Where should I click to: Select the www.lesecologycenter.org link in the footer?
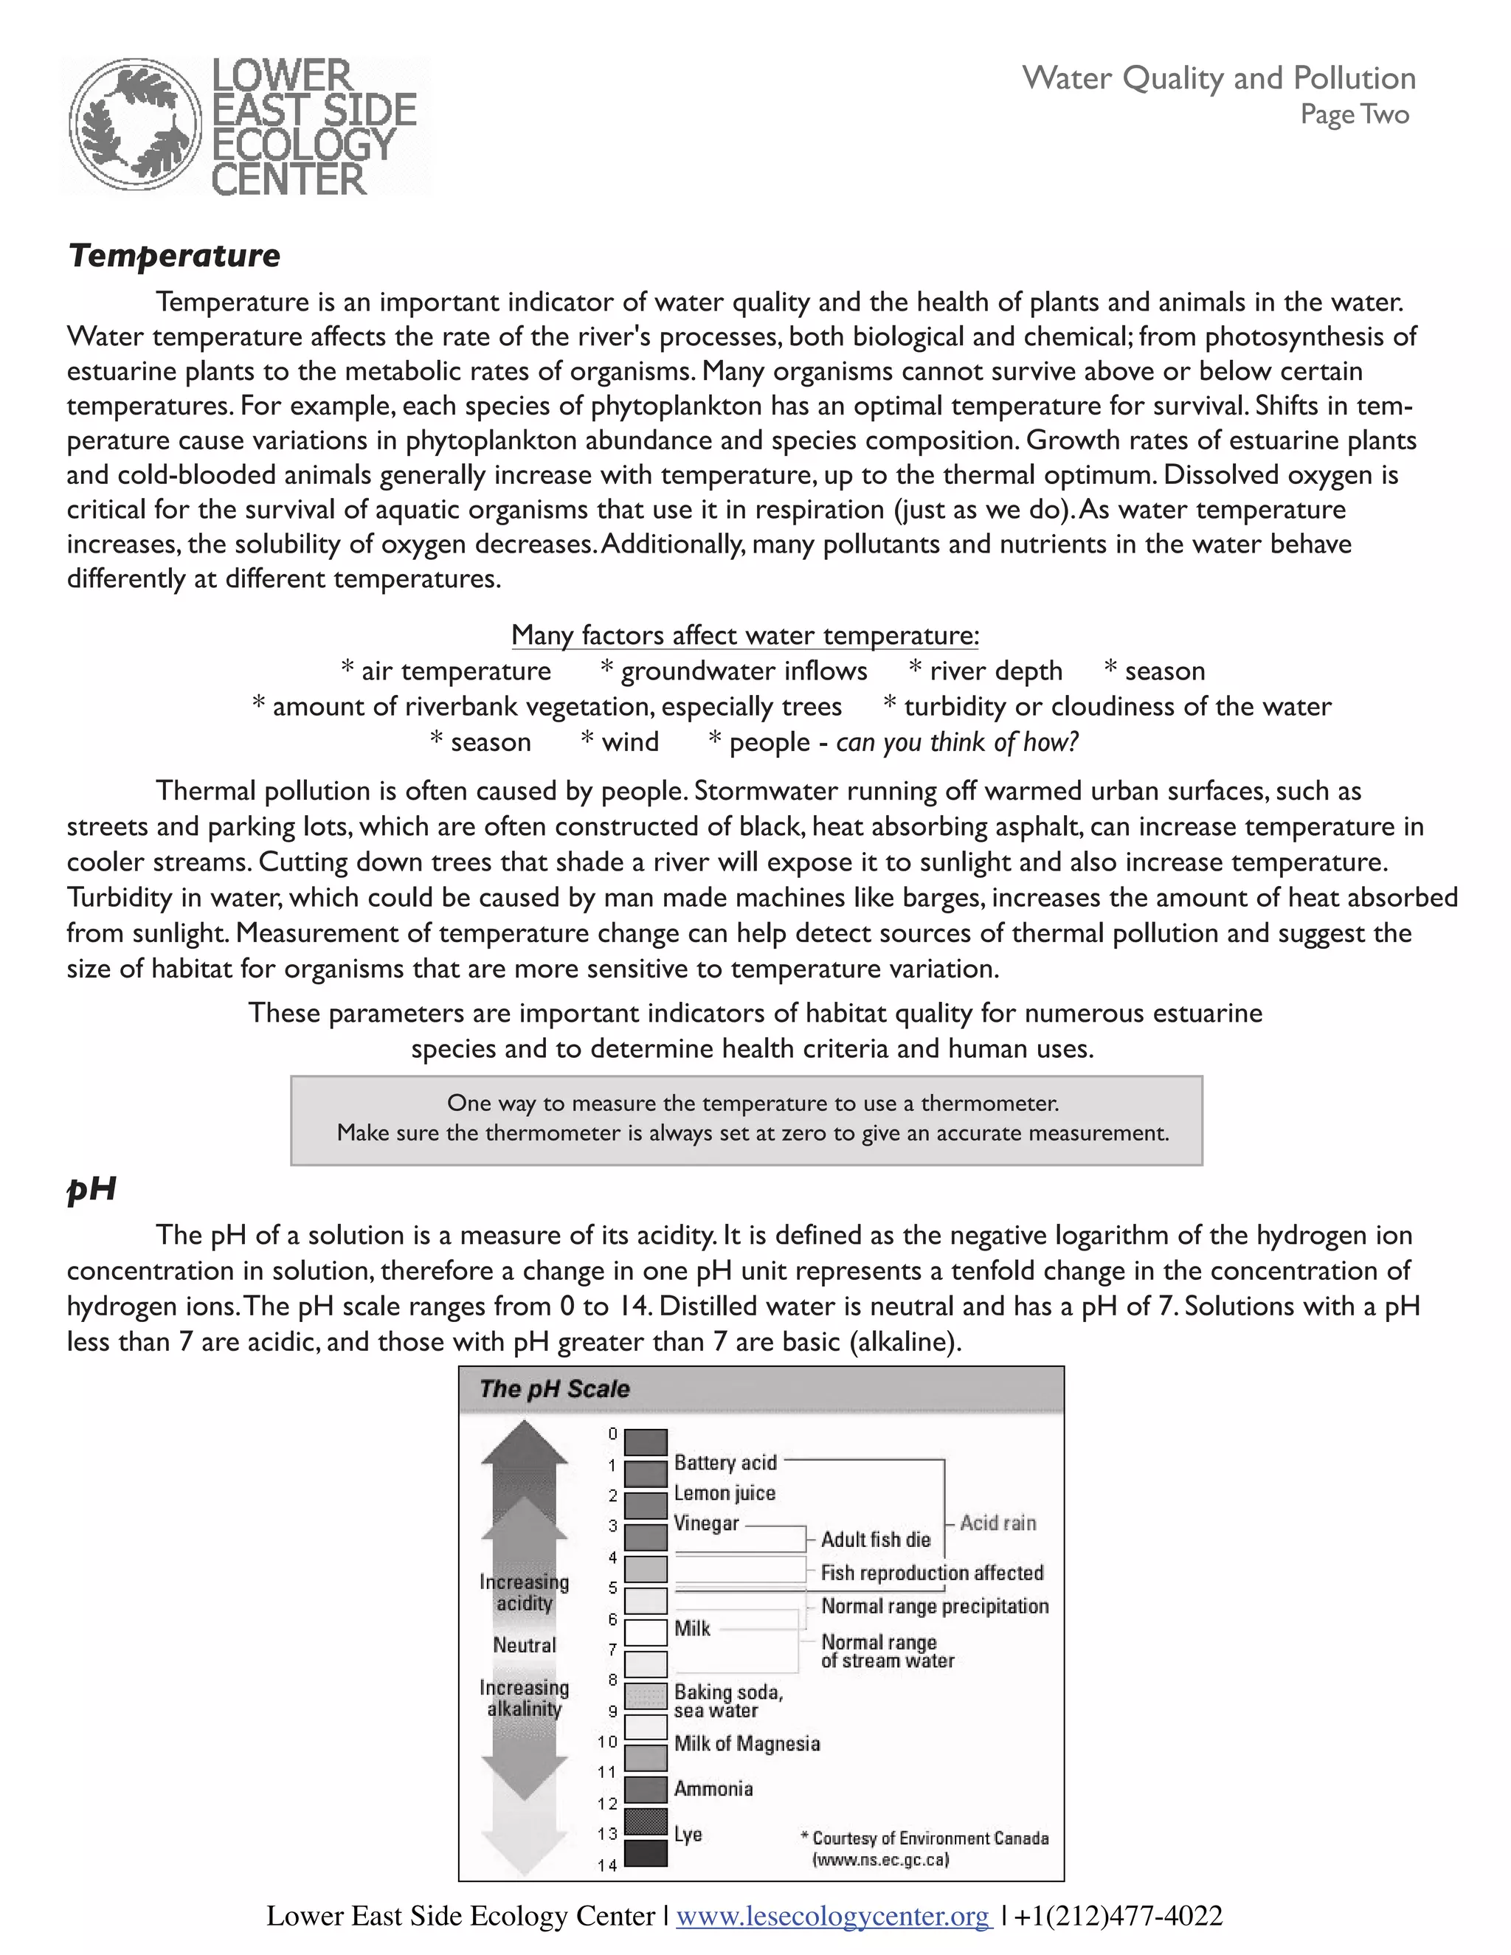click(x=834, y=1916)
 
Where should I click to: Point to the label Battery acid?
click(x=725, y=1463)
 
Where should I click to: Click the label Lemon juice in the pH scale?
click(x=725, y=1493)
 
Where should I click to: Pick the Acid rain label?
click(x=997, y=1523)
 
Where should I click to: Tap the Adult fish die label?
click(x=876, y=1540)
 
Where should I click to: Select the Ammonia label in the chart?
click(x=713, y=1788)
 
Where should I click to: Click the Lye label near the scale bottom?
click(x=688, y=1834)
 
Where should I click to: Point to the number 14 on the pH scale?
click(x=608, y=1866)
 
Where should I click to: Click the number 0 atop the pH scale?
click(x=612, y=1433)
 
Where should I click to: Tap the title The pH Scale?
click(x=554, y=1389)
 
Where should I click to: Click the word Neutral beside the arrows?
click(x=525, y=1645)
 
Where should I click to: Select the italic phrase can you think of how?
click(x=957, y=742)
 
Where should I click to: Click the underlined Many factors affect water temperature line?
click(x=744, y=635)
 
